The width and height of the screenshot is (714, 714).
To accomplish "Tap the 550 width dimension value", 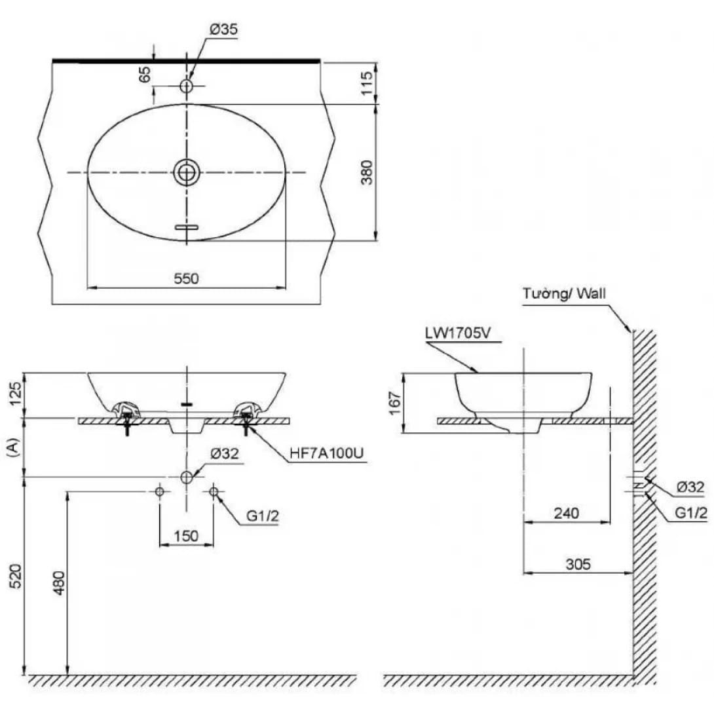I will [x=187, y=278].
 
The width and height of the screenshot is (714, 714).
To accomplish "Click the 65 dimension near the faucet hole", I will [x=145, y=73].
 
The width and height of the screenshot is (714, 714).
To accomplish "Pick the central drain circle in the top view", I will [x=187, y=172].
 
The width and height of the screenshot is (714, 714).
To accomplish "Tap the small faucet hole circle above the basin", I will [x=187, y=86].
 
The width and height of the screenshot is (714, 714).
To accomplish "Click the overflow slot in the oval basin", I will [x=187, y=227].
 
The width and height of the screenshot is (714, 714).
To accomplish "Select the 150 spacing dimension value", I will [x=187, y=536].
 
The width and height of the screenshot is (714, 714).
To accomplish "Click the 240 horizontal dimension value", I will [x=567, y=513].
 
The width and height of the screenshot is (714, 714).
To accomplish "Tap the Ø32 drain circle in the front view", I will [x=187, y=477].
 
